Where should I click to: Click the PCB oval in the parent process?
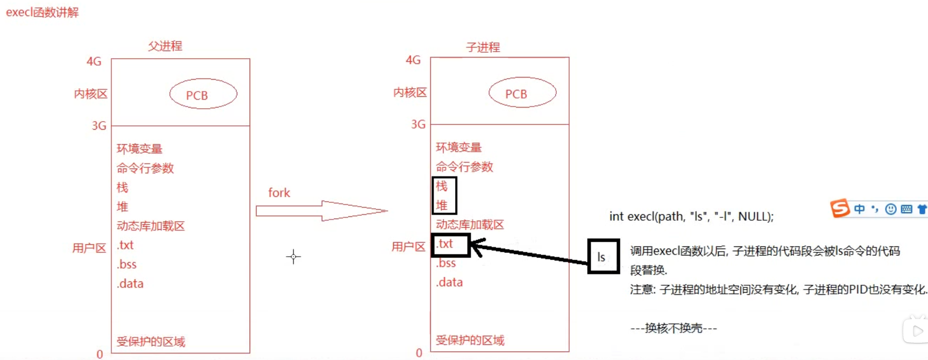pos(203,94)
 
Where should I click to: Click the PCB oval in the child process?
pos(522,93)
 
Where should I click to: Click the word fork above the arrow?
pos(279,193)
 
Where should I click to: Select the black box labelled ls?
pos(603,257)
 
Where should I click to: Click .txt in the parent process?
pos(125,245)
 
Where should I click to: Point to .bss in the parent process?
pos(127,264)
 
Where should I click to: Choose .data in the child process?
pos(449,283)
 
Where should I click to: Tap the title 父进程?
pos(165,46)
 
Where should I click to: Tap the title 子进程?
pos(483,47)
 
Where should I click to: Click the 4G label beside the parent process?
pos(94,61)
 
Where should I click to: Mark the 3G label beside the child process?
pos(418,124)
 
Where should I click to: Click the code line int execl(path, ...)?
pos(691,216)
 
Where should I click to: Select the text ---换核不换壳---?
pos(674,328)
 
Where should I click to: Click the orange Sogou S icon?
pos(839,208)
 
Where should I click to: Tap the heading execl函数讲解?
pos(42,12)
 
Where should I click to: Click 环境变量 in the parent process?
pos(139,149)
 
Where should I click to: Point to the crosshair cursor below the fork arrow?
pos(293,257)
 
